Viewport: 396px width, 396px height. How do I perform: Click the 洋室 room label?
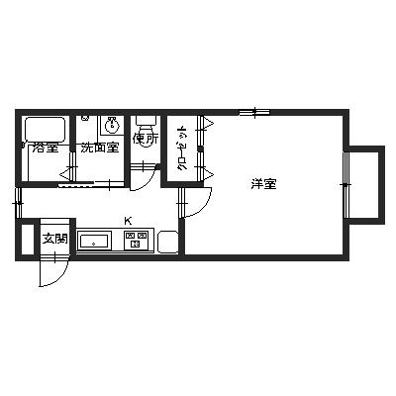pos(262,183)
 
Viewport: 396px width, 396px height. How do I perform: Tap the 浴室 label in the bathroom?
pos(45,148)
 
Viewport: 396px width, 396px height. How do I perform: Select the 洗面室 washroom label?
pos(99,148)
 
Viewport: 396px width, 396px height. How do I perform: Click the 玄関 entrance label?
pos(55,239)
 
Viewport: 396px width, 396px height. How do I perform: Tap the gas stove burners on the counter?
pos(136,239)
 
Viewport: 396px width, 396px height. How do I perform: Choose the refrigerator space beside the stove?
pos(165,241)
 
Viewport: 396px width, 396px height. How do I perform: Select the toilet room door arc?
pos(147,176)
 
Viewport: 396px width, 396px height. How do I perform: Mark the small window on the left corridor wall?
pos(18,205)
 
